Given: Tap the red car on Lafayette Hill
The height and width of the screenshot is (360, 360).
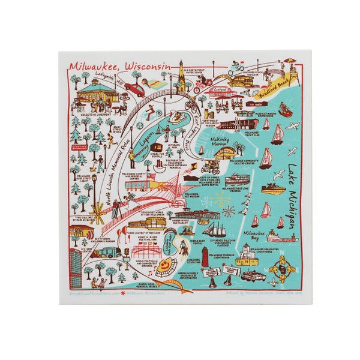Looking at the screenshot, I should (134, 90).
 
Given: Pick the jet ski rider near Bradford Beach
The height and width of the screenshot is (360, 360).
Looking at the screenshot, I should (285, 111).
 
